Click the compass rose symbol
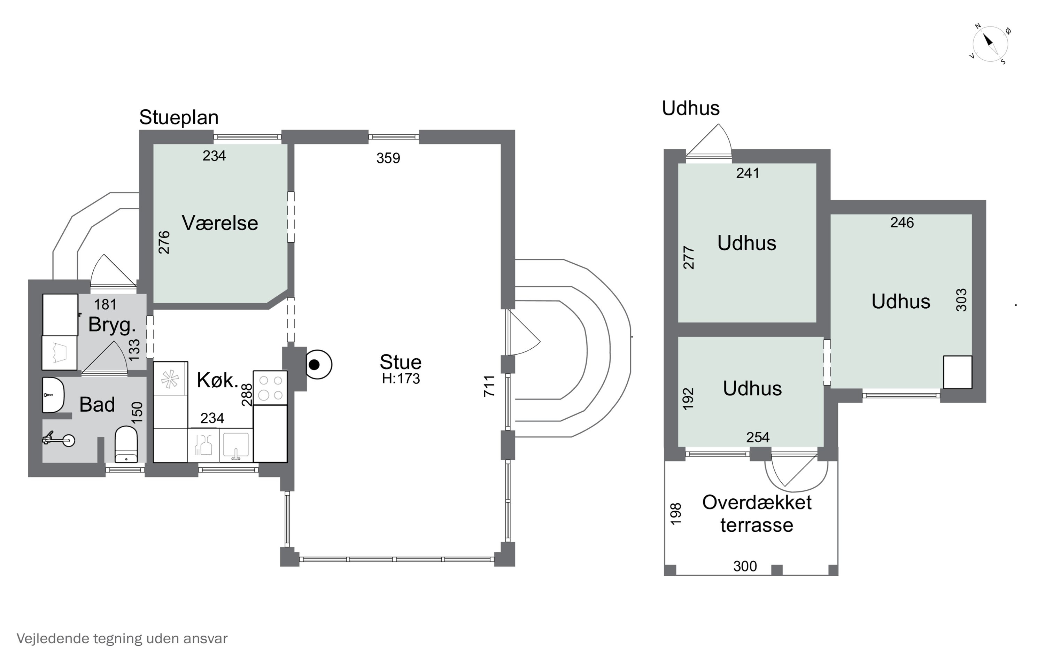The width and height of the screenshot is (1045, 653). coord(990,44)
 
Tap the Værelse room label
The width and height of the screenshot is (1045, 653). coord(220,223)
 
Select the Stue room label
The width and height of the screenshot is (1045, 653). coord(400,362)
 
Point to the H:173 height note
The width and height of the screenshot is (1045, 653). coord(401,379)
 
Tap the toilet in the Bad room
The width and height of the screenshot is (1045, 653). coord(126,445)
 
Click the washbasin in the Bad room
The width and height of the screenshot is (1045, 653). coord(53,395)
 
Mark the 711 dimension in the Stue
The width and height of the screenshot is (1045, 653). coord(489,386)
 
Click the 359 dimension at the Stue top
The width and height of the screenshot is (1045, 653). coord(388,158)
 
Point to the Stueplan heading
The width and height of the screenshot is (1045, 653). coord(179,117)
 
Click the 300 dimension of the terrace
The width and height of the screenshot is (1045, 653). coord(745,566)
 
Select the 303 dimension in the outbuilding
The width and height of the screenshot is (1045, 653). coord(961,300)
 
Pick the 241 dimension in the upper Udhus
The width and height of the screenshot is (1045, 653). coord(748,173)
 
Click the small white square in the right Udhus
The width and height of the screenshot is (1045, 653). coord(957,372)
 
